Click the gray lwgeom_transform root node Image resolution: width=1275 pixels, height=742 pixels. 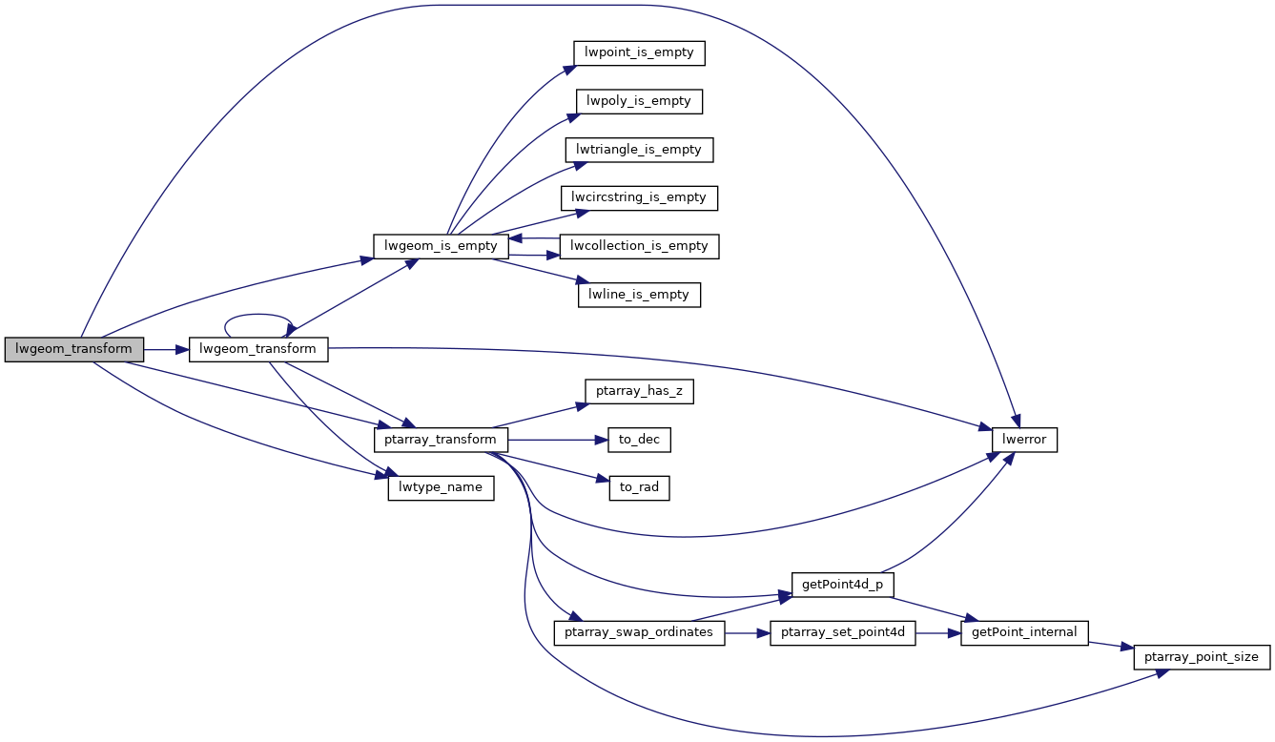point(74,349)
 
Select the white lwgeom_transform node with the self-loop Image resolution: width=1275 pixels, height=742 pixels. point(258,349)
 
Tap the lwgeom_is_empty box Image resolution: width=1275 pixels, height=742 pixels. point(442,246)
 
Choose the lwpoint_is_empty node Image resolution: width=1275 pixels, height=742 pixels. point(639,53)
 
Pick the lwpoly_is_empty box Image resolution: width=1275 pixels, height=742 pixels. point(639,101)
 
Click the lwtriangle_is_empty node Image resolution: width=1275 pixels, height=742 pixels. point(639,150)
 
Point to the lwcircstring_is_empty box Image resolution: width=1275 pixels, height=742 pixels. point(639,197)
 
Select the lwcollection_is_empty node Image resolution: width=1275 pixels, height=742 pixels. point(639,246)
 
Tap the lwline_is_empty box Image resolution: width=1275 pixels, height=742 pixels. point(639,295)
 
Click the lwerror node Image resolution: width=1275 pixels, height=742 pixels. point(1024,441)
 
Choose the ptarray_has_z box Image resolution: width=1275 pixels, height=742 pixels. point(639,392)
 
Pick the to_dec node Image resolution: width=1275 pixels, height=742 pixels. point(639,441)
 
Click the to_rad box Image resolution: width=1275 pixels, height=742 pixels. point(639,488)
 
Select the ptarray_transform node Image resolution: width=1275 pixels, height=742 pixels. point(442,441)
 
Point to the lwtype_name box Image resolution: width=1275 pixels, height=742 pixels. point(442,488)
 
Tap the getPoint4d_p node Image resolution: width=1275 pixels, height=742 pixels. point(843,585)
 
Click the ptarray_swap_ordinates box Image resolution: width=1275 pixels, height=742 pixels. point(639,633)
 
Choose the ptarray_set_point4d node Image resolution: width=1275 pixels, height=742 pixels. point(843,633)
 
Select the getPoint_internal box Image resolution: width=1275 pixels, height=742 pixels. point(1024,633)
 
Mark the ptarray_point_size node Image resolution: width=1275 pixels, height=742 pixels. point(1202,658)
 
